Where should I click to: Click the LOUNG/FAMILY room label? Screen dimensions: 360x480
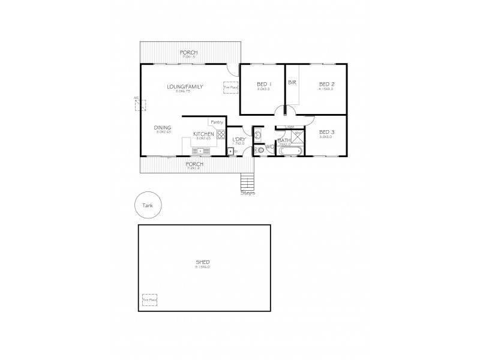185,86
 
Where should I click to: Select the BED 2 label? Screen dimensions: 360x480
326,83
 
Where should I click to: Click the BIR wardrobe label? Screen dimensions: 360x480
293,83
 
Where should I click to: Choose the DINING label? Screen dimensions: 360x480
163,127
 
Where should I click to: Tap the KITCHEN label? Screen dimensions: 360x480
203,134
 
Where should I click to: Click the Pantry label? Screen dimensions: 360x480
217,122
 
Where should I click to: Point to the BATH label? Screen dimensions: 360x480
284,140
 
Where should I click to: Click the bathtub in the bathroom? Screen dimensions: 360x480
291,151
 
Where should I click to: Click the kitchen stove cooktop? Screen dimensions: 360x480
220,135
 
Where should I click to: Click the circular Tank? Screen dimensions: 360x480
146,205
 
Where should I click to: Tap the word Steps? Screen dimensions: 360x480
248,193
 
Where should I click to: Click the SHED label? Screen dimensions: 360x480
202,262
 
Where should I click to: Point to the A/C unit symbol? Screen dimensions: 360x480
140,106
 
